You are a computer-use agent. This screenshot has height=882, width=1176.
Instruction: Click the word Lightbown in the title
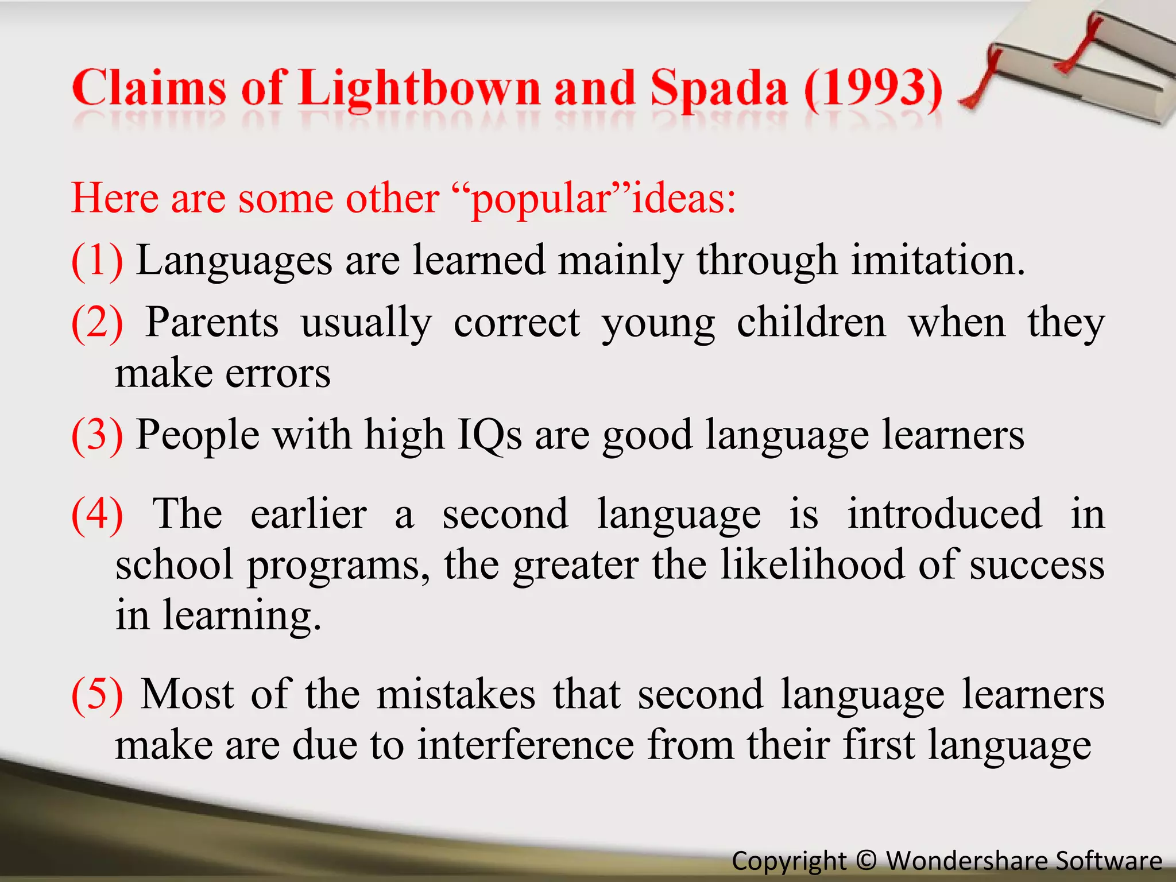point(419,89)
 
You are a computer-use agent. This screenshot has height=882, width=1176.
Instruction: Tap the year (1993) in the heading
point(873,89)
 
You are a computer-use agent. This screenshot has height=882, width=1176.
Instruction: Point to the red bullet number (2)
point(96,323)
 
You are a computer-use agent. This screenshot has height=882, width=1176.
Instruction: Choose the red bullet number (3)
point(96,435)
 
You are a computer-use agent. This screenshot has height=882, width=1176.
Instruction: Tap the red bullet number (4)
point(96,514)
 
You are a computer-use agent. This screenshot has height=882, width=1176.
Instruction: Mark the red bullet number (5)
point(96,695)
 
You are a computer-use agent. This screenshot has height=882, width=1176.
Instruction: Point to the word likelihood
point(812,564)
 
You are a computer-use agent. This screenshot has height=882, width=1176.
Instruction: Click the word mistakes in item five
point(456,694)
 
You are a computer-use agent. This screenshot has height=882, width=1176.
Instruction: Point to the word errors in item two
point(278,373)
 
